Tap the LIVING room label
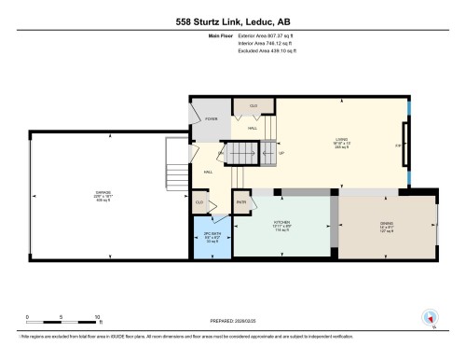pos(341,143)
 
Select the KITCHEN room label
pos(270,224)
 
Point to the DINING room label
pos(386,224)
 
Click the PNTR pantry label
pos(240,201)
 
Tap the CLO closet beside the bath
pos(199,201)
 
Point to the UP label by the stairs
pos(281,152)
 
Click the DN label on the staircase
pos(221,152)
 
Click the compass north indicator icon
pos(430,317)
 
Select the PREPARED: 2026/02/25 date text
pos(233,316)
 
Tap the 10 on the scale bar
pos(97,318)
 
